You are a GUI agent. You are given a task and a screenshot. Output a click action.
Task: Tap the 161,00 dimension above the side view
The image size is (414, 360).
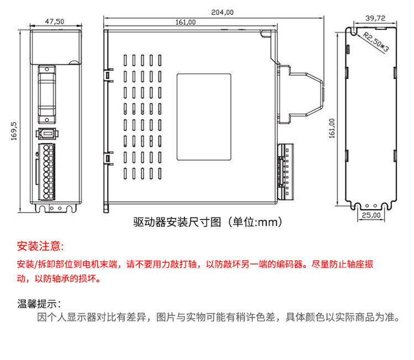185,22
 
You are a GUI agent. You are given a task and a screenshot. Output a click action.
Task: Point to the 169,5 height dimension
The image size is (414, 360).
15,131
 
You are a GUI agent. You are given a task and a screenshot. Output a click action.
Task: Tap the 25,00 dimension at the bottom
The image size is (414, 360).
372,215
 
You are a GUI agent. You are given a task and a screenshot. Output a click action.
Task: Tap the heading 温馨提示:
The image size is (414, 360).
39,303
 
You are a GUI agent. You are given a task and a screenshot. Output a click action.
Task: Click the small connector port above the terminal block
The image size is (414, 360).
47,134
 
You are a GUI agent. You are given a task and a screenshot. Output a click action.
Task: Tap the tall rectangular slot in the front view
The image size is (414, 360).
47,94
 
